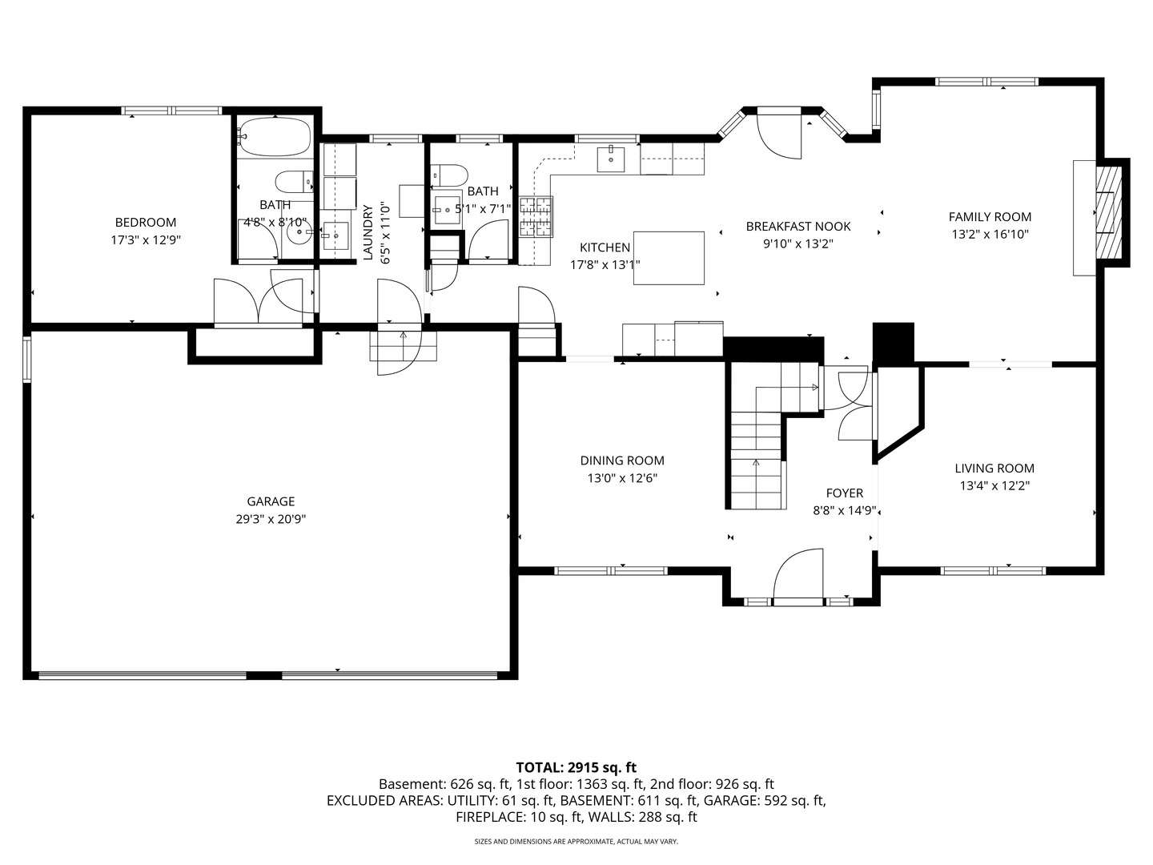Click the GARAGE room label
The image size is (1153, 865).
pyautogui.click(x=271, y=501)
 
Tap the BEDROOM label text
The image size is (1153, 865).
pyautogui.click(x=145, y=222)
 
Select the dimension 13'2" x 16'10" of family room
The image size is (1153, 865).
pyautogui.click(x=990, y=235)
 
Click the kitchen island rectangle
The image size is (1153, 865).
pyautogui.click(x=669, y=258)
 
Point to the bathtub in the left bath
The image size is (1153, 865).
pyautogui.click(x=274, y=138)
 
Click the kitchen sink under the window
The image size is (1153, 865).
pyautogui.click(x=612, y=159)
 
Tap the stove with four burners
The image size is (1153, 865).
pyautogui.click(x=536, y=217)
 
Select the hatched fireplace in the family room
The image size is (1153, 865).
pyautogui.click(x=1110, y=211)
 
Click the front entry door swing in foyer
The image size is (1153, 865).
pyautogui.click(x=797, y=574)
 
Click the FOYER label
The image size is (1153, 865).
pyautogui.click(x=844, y=493)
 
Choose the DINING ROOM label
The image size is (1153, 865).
pyautogui.click(x=622, y=461)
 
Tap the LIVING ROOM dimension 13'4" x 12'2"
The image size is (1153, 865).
pyautogui.click(x=994, y=485)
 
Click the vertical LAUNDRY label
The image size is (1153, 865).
pyautogui.click(x=368, y=233)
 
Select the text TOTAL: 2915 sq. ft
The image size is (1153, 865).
pyautogui.click(x=576, y=767)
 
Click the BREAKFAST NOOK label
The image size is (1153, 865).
pyautogui.click(x=797, y=227)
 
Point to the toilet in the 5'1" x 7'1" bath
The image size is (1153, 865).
pyautogui.click(x=448, y=175)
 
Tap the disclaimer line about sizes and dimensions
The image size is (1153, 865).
pyautogui.click(x=576, y=842)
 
